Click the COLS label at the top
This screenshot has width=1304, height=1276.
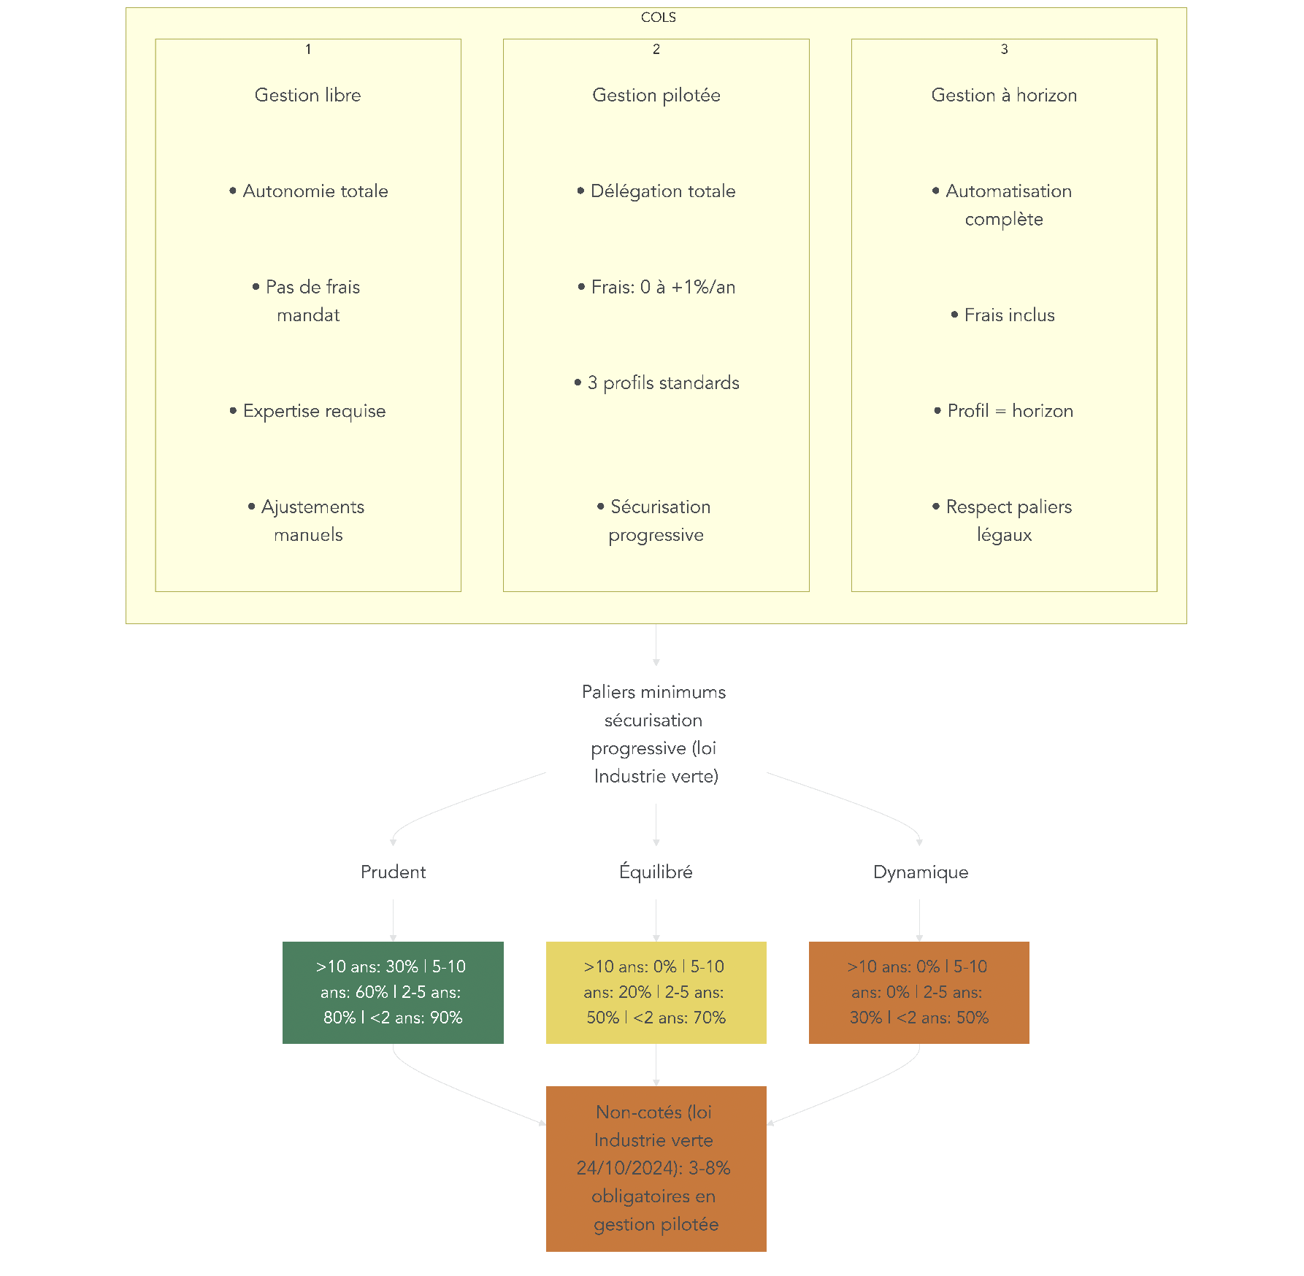[x=658, y=18]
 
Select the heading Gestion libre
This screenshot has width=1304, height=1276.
[x=307, y=95]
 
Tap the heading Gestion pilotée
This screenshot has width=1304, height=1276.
[x=656, y=95]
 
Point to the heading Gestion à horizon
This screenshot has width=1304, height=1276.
[x=1004, y=95]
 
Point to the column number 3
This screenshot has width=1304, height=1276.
[x=1004, y=49]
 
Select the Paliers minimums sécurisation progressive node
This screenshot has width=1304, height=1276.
[x=655, y=734]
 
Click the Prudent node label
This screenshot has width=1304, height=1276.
[x=393, y=872]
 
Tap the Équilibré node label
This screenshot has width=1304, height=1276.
[x=656, y=872]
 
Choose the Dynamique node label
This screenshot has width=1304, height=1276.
[x=920, y=872]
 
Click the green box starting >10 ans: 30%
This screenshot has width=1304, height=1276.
[x=393, y=992]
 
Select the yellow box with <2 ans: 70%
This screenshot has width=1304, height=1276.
[x=656, y=992]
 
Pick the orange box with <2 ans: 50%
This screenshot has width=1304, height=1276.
[x=918, y=992]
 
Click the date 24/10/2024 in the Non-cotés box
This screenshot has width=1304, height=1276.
[x=628, y=1168]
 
